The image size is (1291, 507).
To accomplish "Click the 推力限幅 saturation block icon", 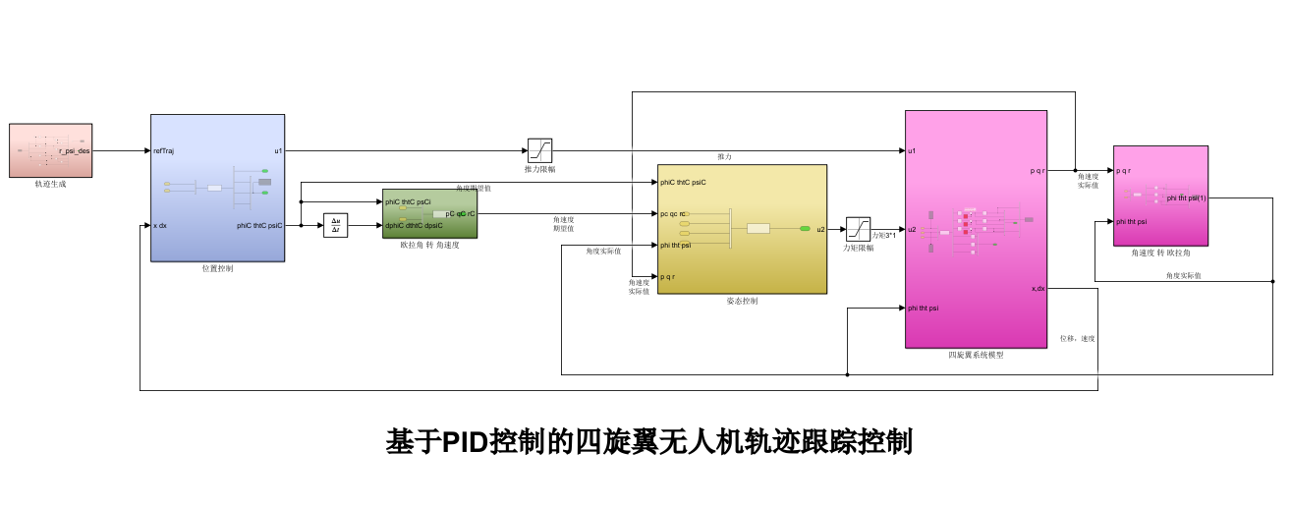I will pos(539,150).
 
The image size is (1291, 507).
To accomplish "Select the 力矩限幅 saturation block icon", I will pos(858,229).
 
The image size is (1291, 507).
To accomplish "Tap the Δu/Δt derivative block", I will pos(336,226).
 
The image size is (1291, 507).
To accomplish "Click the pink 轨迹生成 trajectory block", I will pos(50,150).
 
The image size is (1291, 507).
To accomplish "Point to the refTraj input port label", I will pos(164,151).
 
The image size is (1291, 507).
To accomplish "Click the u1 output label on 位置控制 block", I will pos(278,151).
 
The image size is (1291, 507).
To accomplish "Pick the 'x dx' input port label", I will pos(160,226).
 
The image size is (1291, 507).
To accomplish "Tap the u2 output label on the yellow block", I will pos(820,230).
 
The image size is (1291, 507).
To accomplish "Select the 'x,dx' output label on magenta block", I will pos(1038,289).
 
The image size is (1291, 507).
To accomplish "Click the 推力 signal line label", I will pos(724,157).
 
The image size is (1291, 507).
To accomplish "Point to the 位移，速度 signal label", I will pos(1077,339).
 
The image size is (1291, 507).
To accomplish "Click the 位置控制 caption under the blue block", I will pos(217,268).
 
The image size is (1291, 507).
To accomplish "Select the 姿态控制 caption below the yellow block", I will pos(742,301).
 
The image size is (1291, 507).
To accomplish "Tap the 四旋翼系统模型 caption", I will pos(976,355).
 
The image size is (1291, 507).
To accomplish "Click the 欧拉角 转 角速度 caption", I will pos(429,245).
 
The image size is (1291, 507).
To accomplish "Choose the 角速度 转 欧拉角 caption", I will pos(1160,253).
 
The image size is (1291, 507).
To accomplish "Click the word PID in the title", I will pos(465,442).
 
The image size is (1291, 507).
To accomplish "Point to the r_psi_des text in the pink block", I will pos(75,151).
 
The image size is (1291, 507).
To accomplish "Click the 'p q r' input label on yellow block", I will pos(668,277).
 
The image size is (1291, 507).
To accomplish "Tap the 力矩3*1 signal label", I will pos(883,236).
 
